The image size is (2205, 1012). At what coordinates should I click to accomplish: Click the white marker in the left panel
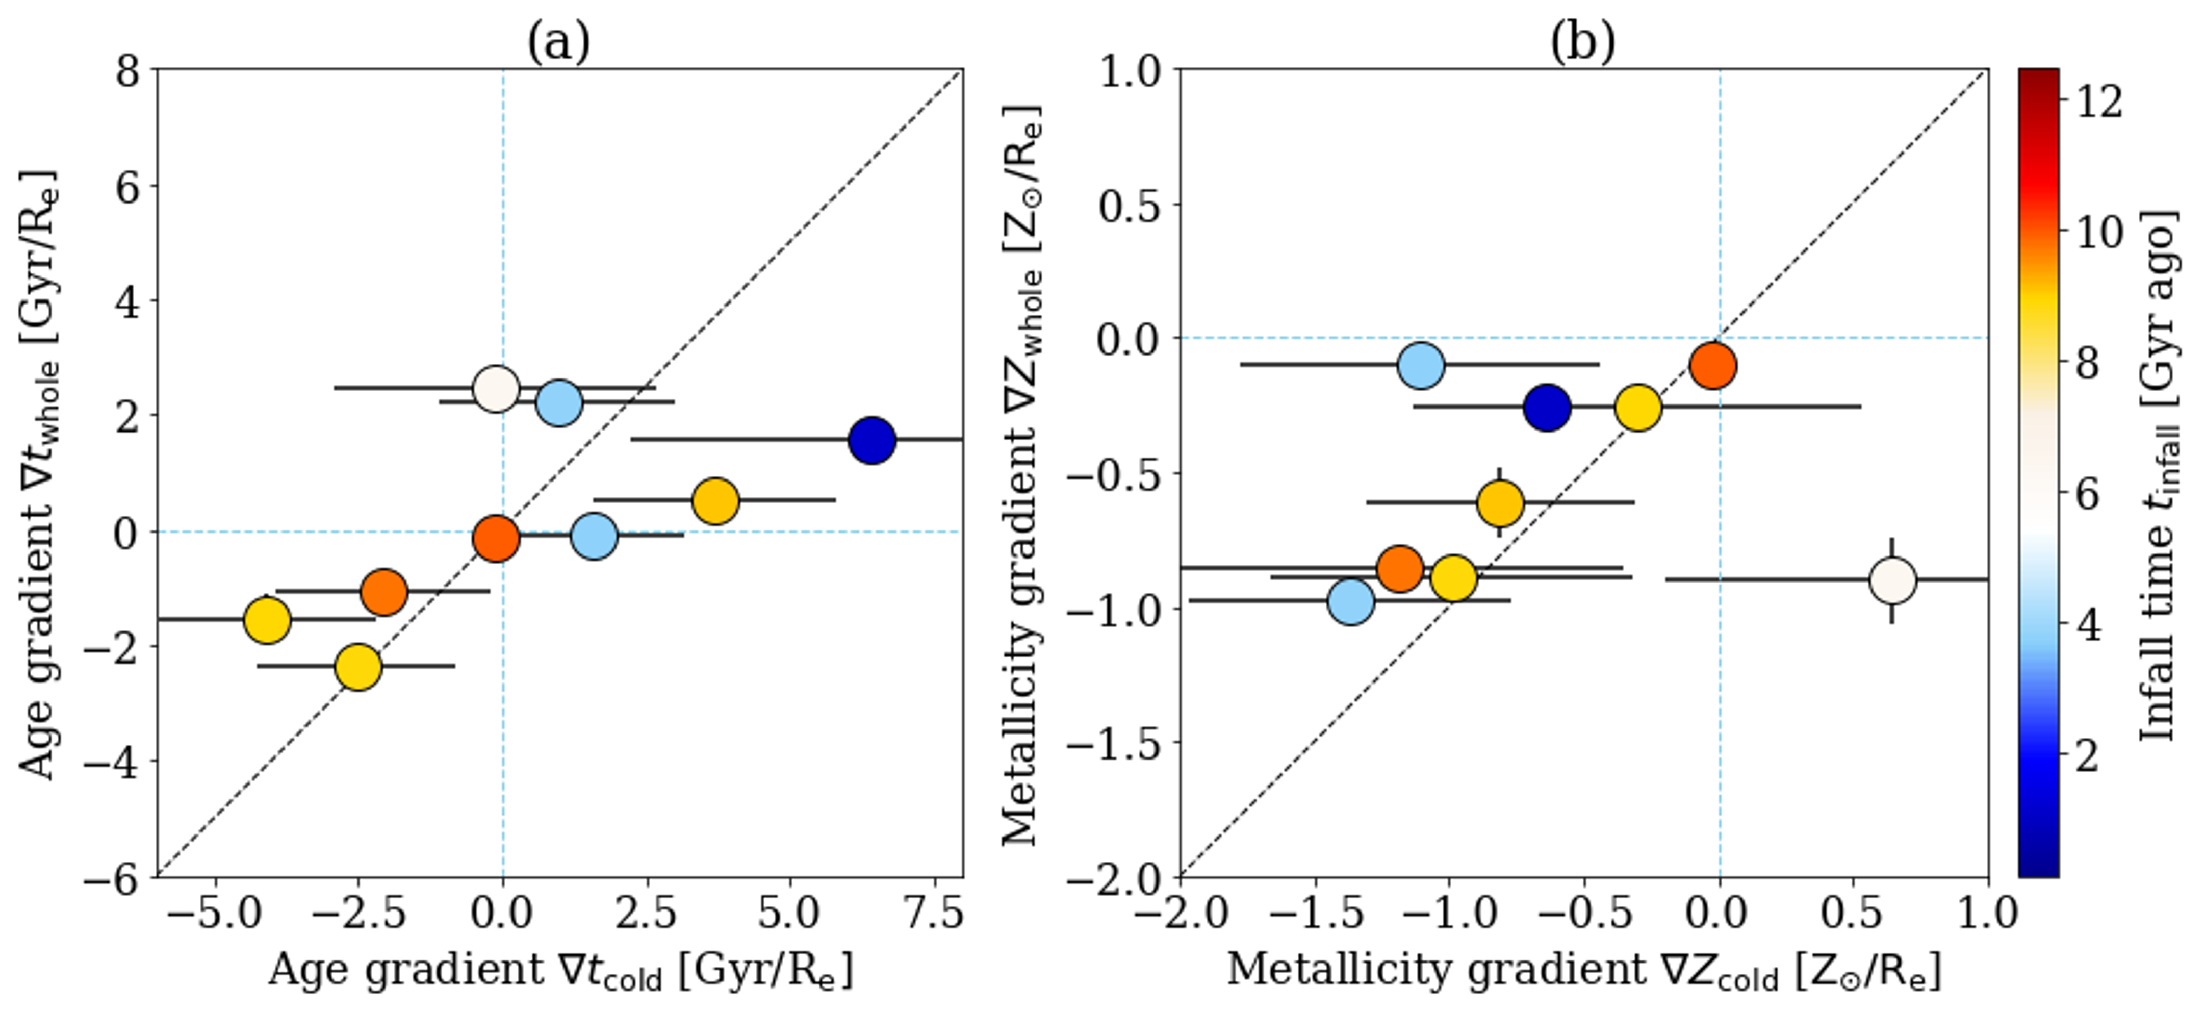496,389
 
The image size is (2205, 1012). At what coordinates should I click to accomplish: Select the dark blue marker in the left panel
871,441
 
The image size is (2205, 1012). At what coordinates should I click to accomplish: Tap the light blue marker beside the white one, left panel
559,402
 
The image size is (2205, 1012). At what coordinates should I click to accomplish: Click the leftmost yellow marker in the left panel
267,620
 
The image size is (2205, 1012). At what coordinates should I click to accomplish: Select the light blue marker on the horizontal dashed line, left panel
594,536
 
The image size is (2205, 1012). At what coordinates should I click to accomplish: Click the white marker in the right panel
1892,580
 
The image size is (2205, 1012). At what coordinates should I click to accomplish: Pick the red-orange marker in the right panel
1713,366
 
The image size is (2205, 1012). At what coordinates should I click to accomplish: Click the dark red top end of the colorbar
2038,81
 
